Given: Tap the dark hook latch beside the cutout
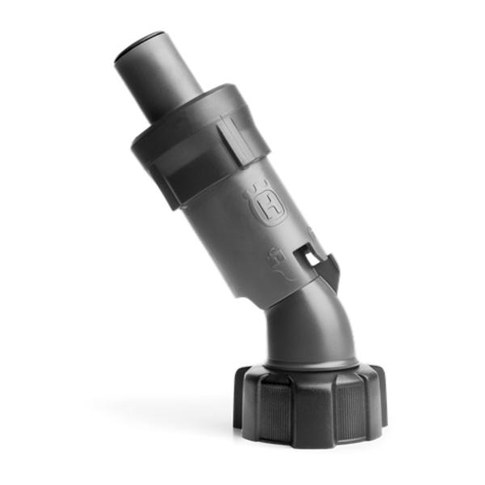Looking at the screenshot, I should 330,268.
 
